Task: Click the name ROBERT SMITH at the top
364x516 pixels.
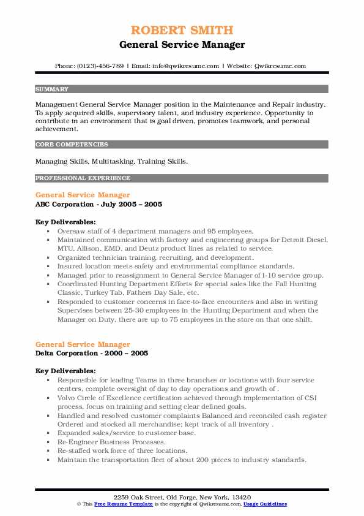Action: [182, 30]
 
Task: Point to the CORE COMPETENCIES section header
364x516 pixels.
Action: [72, 145]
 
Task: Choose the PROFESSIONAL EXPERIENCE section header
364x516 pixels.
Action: [83, 178]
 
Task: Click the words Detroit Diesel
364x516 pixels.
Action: [307, 240]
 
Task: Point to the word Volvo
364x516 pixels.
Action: [68, 398]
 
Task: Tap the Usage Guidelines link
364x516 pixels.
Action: [265, 504]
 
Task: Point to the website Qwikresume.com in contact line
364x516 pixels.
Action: [278, 66]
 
